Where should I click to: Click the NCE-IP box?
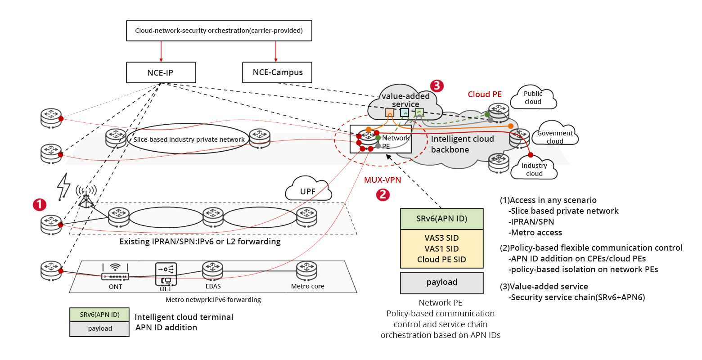[161, 72]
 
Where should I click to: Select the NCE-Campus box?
[277, 72]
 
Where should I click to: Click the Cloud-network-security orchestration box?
[219, 31]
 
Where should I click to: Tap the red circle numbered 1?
[40, 205]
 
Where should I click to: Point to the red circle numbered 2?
[383, 194]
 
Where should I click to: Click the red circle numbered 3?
[436, 86]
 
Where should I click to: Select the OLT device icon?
[166, 274]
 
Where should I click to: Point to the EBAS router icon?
[212, 270]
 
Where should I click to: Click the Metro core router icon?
[306, 270]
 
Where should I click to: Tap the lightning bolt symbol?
[64, 185]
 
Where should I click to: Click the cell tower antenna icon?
[85, 197]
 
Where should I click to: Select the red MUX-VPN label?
[382, 180]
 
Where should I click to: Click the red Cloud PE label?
[485, 94]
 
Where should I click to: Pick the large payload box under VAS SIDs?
[441, 283]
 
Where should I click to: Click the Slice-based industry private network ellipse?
[189, 139]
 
